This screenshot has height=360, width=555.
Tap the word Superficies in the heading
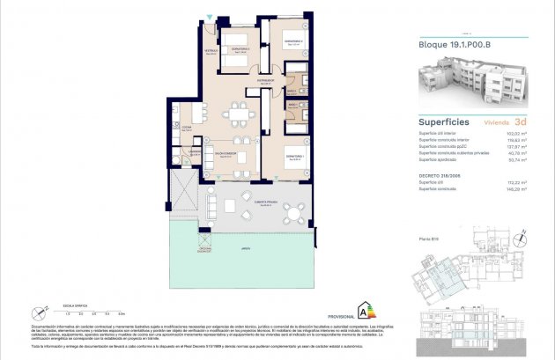click(443, 121)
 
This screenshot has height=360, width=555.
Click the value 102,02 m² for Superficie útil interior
click(516, 133)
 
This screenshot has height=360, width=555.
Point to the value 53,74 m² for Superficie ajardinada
click(516, 160)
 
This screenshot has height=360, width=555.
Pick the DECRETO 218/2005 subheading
click(438, 174)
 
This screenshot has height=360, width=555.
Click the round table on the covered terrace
click(294, 209)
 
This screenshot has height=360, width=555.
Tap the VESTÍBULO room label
click(211, 51)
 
